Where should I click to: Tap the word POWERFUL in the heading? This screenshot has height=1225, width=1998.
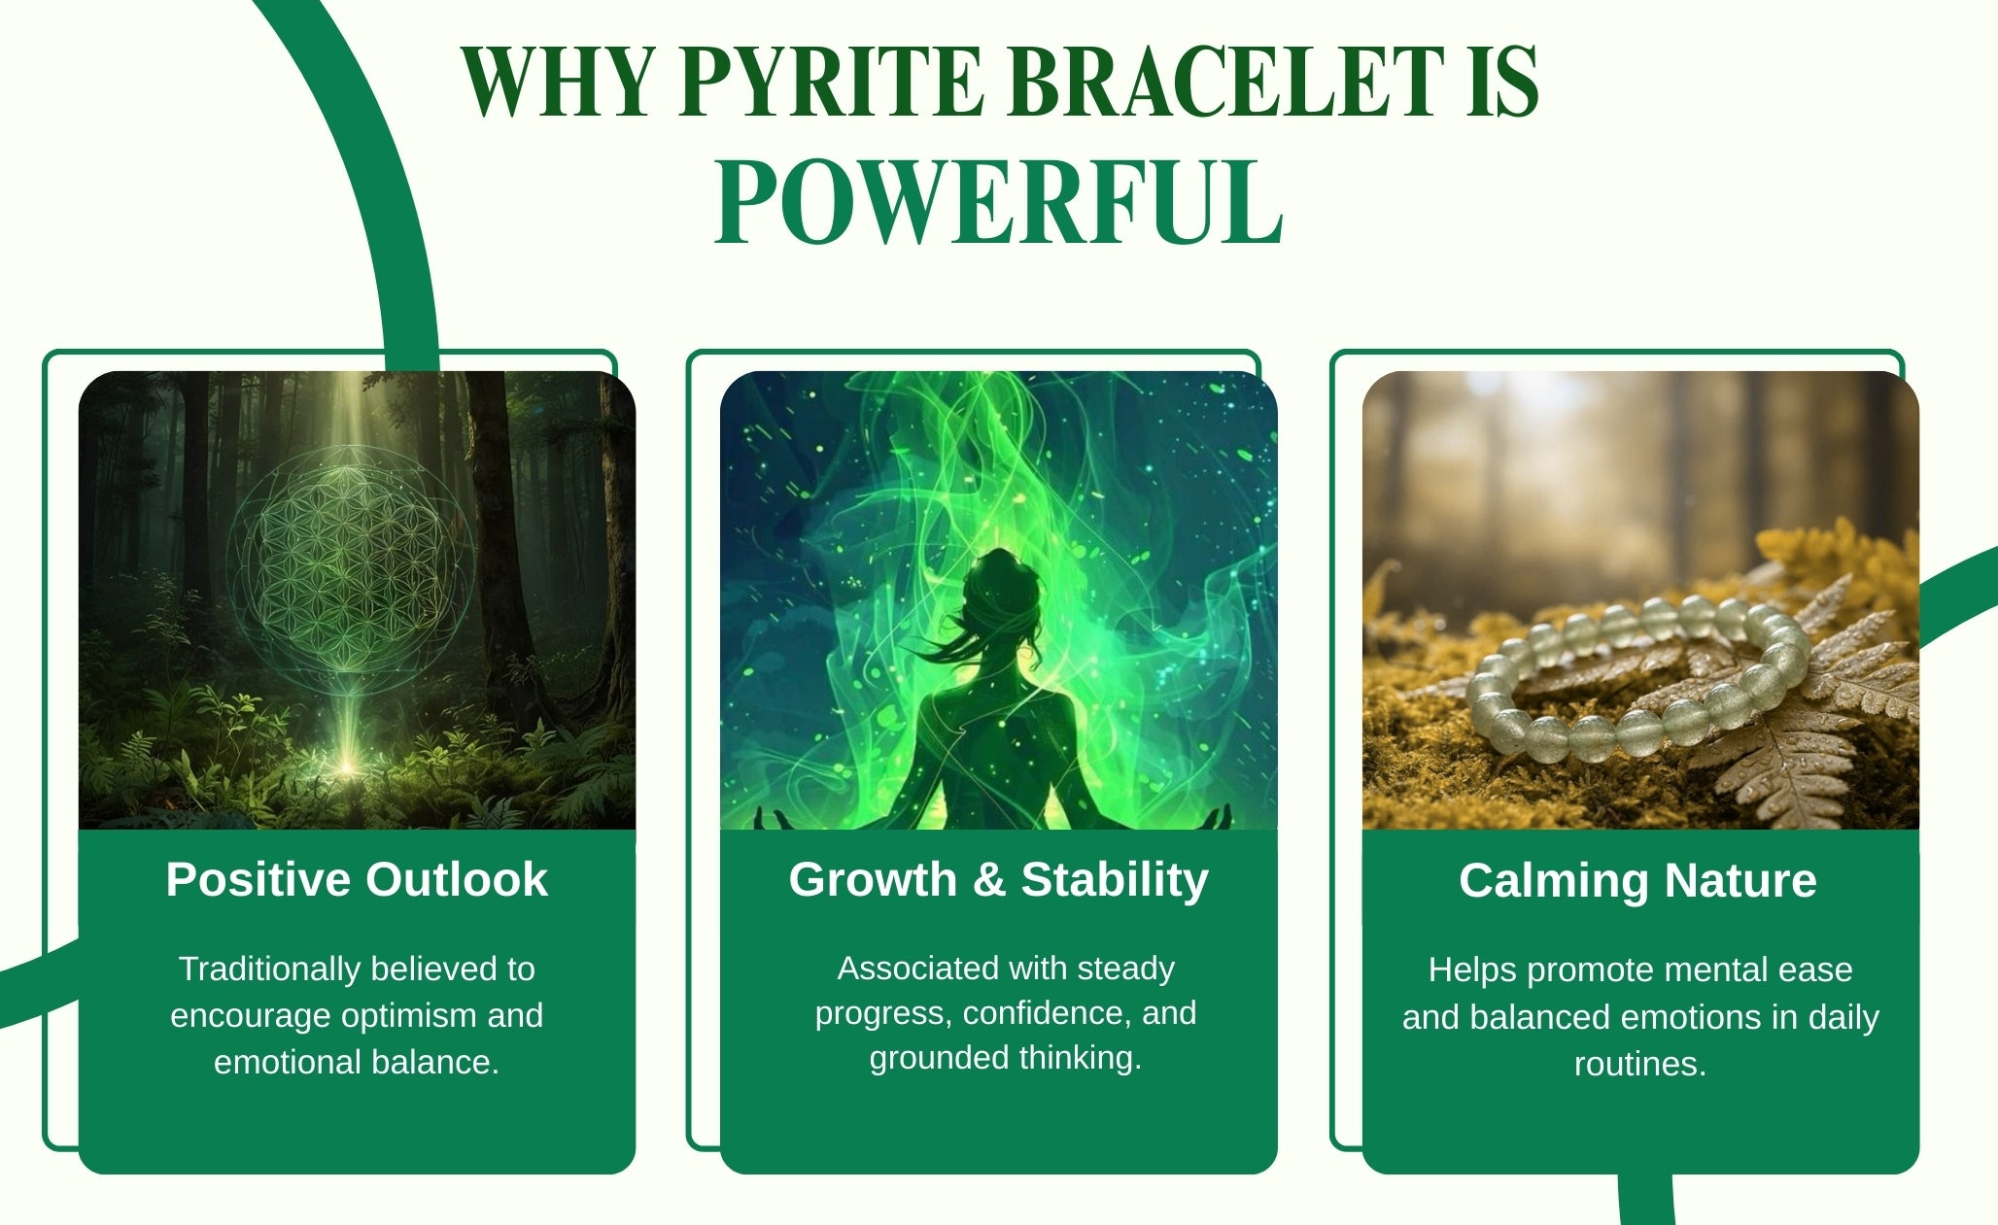pos(999,203)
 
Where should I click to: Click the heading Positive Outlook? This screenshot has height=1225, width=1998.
pos(357,879)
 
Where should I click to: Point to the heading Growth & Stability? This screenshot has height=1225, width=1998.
pos(998,880)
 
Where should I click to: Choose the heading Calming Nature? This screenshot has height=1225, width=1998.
pos(1637,881)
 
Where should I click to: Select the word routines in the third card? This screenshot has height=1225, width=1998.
pos(1640,1064)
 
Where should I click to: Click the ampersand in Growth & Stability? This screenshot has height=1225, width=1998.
pos(988,880)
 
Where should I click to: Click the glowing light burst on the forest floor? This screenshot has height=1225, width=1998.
pos(345,766)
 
